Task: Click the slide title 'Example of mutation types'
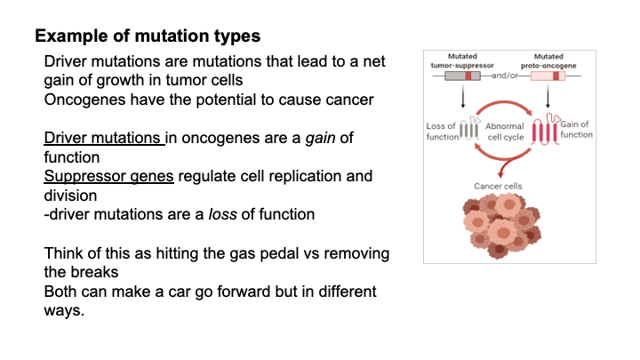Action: click(x=148, y=37)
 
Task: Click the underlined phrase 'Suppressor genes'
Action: click(x=109, y=176)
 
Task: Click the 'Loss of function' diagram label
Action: click(x=442, y=132)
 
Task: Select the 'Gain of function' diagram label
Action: click(x=576, y=129)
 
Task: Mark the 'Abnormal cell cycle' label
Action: click(x=505, y=132)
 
